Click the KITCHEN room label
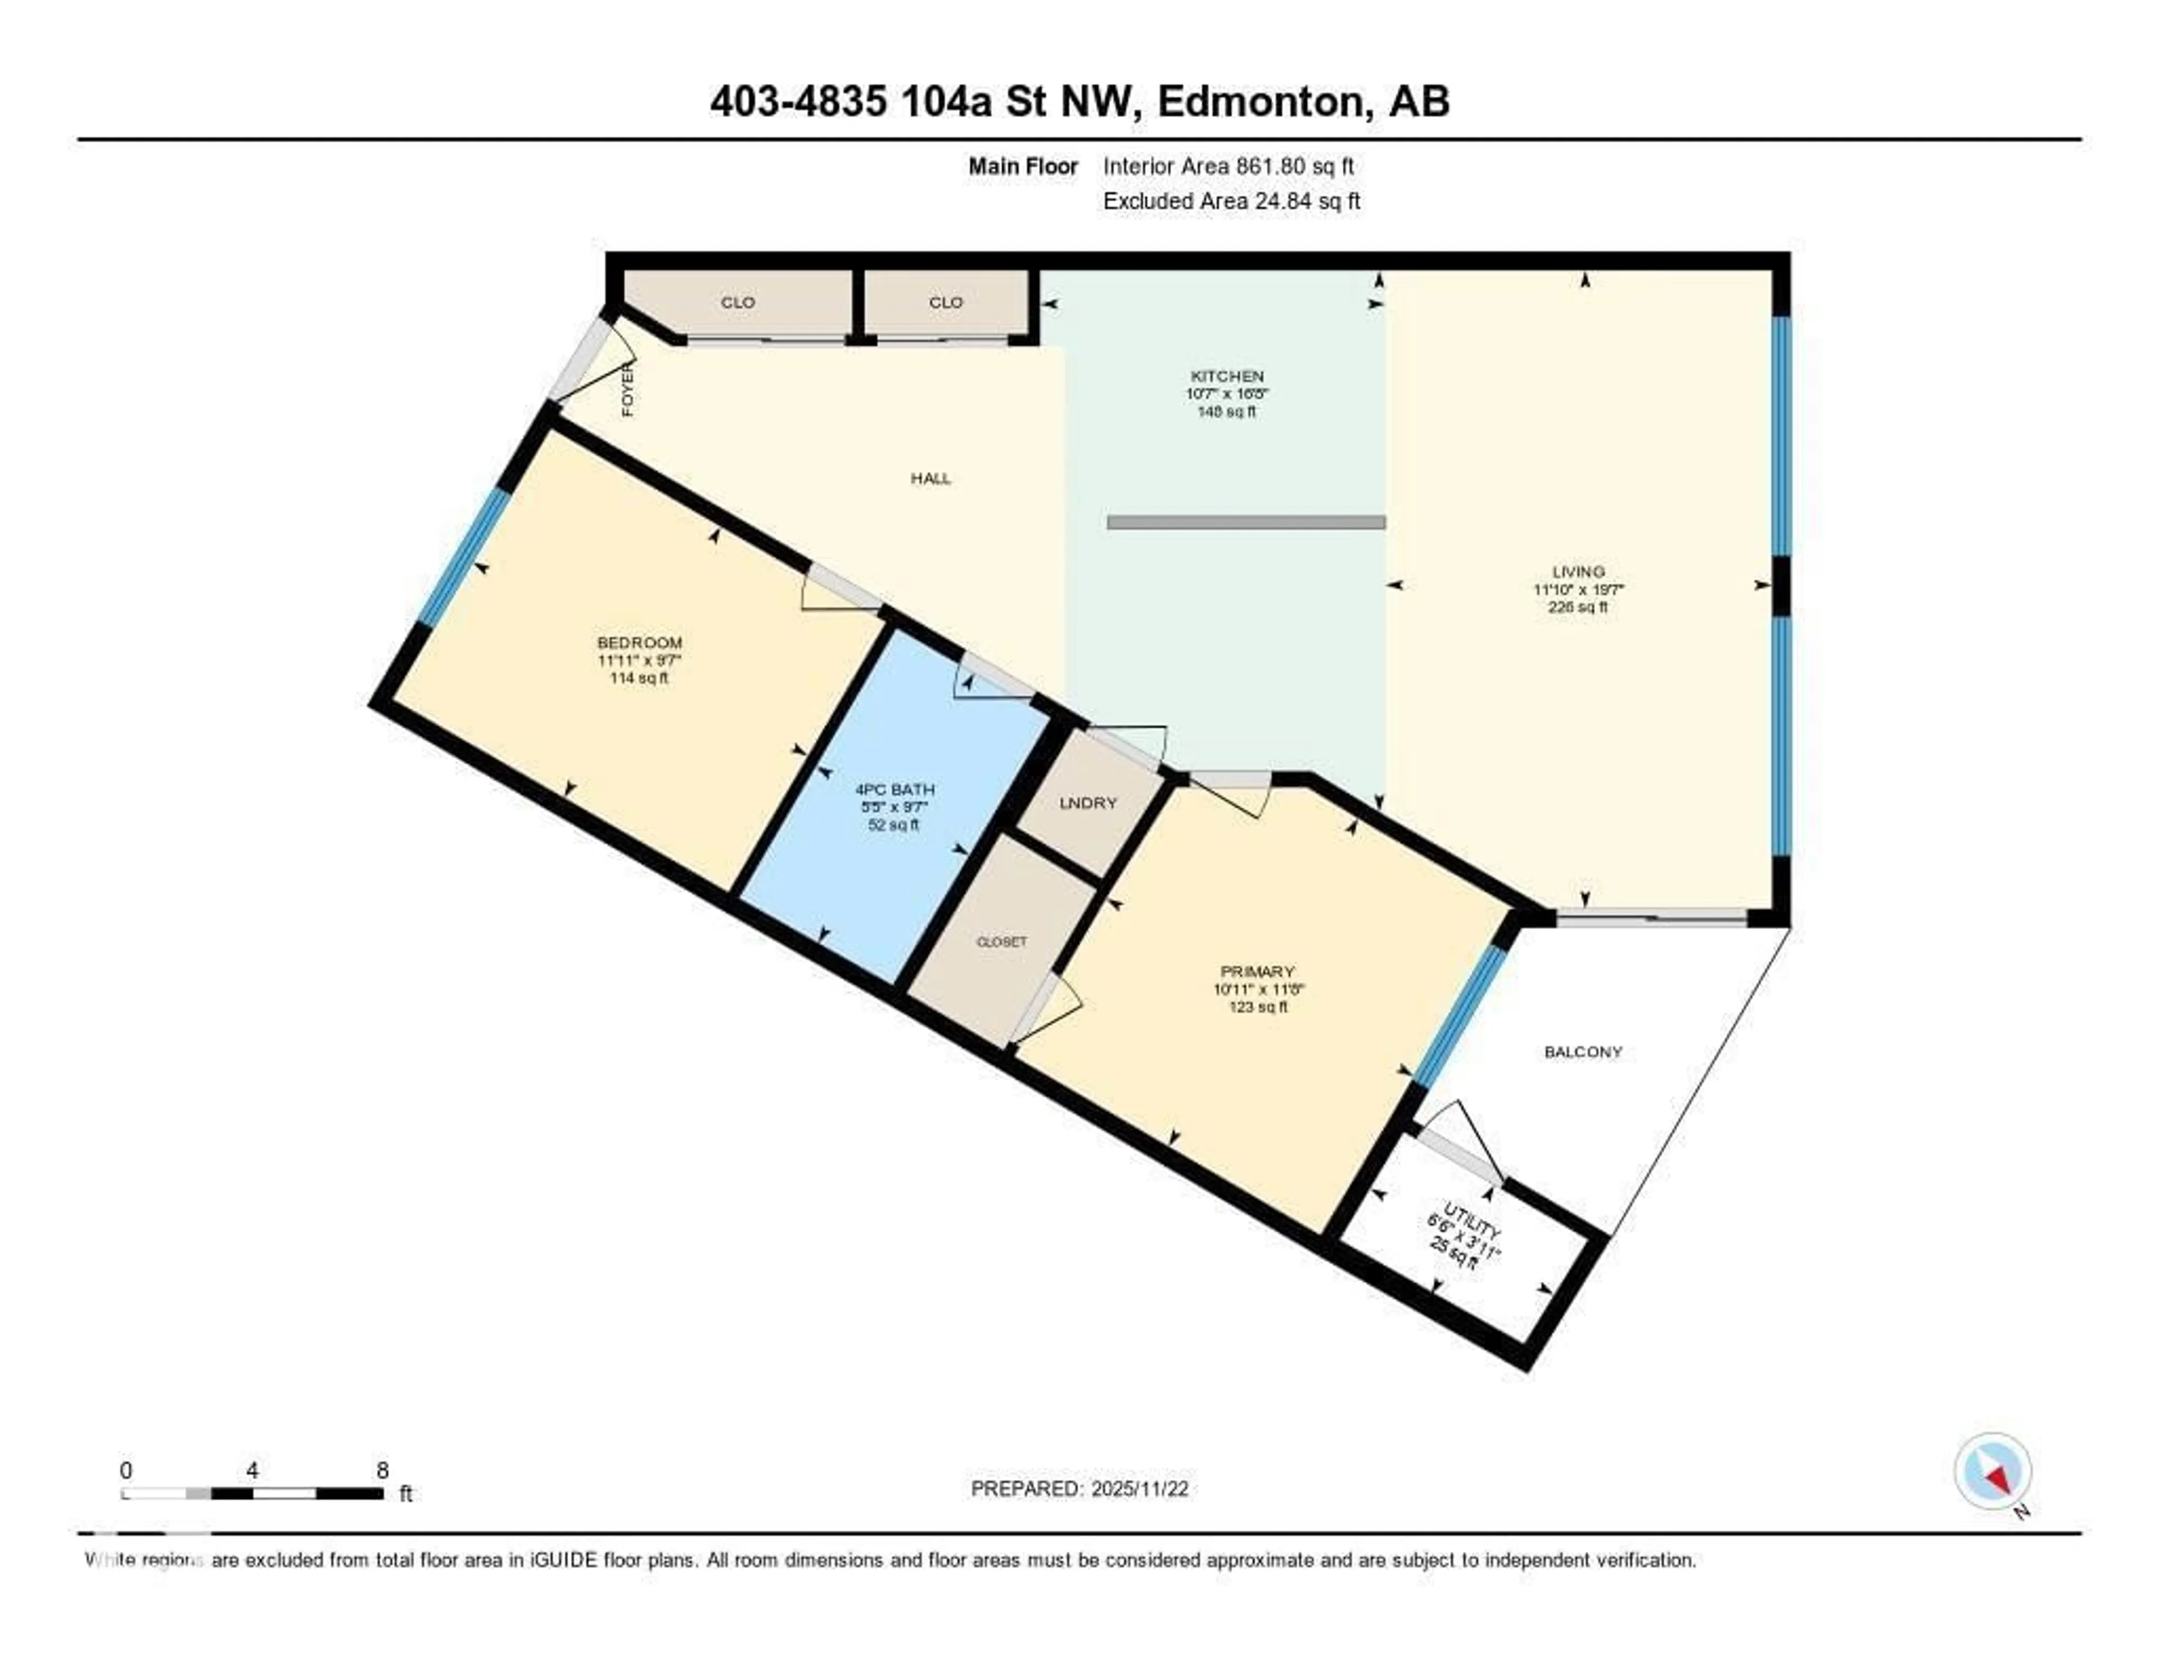coord(1227,376)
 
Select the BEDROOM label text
coord(640,643)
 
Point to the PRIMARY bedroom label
coord(1257,972)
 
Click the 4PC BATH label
coord(895,790)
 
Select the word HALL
coord(931,479)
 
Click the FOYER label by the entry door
coord(627,390)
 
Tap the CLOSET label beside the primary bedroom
coord(1001,943)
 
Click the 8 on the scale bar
coord(382,1470)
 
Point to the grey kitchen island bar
coord(1245,522)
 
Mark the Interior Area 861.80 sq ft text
coord(1228,166)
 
